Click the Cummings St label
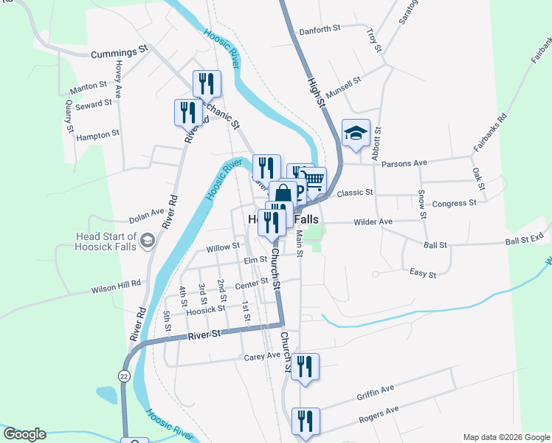click(120, 53)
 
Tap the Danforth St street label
click(319, 30)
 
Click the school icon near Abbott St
click(356, 134)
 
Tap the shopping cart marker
click(314, 180)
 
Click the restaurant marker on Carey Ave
click(304, 367)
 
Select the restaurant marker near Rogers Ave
click(305, 422)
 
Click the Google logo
click(24, 434)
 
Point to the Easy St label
click(423, 273)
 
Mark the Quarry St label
click(69, 116)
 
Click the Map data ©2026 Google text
click(506, 436)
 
